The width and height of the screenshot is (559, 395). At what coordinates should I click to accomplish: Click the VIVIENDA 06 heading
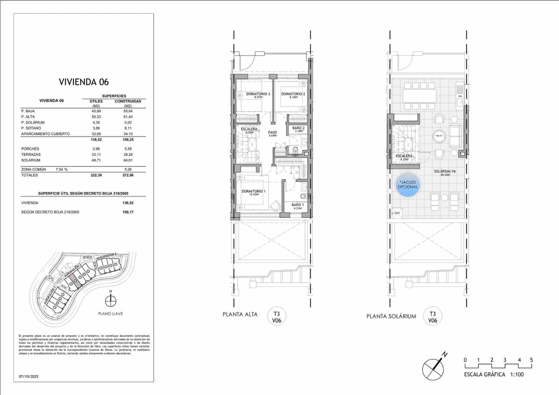[84, 82]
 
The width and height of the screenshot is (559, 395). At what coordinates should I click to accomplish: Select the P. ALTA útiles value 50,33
[96, 117]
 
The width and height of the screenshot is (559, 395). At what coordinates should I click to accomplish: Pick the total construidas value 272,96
[128, 175]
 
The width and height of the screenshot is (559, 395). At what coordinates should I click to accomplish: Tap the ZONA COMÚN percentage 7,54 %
[61, 170]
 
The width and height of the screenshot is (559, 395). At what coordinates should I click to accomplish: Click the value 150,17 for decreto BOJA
[128, 212]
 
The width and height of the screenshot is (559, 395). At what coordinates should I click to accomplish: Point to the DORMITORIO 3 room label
[258, 94]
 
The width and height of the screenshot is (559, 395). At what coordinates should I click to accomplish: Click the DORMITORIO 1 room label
[253, 192]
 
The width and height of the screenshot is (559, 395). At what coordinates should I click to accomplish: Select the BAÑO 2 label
[298, 128]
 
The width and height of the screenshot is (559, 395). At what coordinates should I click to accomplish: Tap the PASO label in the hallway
[272, 133]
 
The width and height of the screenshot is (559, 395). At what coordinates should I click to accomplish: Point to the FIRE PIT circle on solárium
[439, 136]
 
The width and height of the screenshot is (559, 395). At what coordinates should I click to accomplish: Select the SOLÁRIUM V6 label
[444, 172]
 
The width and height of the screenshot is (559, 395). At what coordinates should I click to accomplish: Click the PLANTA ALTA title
[240, 314]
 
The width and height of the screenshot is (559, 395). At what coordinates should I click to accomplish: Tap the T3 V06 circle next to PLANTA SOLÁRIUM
[433, 317]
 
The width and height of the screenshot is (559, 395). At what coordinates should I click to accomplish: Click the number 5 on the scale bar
[531, 360]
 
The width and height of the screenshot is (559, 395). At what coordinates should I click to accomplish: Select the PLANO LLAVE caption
[110, 314]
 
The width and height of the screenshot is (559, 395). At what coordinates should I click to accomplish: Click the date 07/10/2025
[29, 376]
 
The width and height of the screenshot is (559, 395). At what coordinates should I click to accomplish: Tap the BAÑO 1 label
[298, 205]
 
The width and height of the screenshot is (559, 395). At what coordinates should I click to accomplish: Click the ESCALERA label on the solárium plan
[404, 156]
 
